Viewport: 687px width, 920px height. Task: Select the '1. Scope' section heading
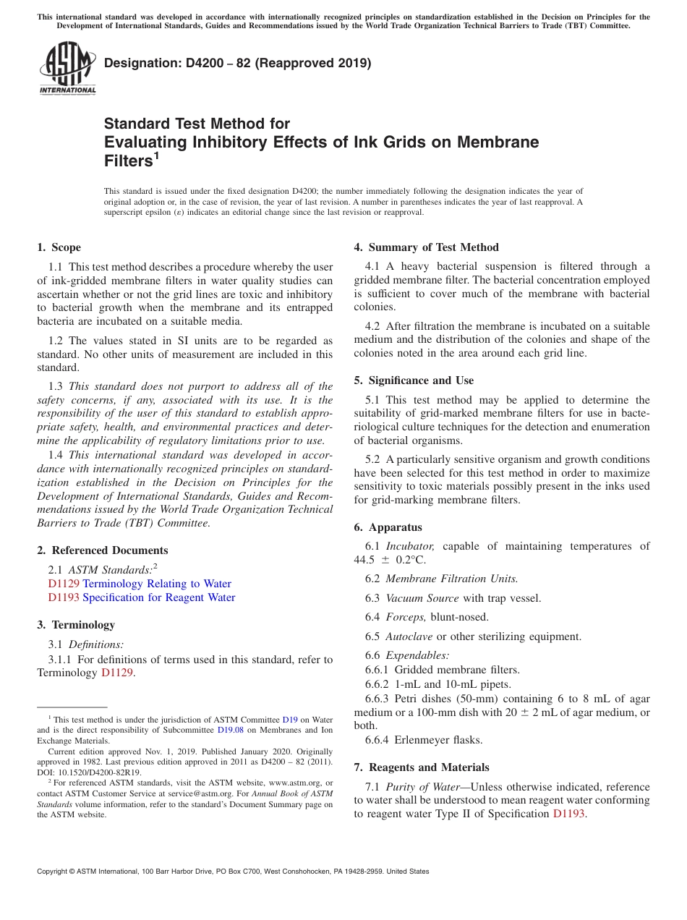[59, 247]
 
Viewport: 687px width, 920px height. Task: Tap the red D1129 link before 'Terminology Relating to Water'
[64, 584]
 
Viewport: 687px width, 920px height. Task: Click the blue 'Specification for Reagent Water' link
[159, 597]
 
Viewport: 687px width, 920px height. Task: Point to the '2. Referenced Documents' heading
[103, 550]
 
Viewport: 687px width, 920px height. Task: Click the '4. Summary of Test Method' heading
[427, 247]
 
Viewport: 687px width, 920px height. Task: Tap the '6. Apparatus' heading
[388, 527]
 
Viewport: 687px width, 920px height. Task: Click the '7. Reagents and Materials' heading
[422, 767]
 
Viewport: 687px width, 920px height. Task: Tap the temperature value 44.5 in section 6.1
[364, 560]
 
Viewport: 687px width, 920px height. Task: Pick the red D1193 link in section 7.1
[569, 814]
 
